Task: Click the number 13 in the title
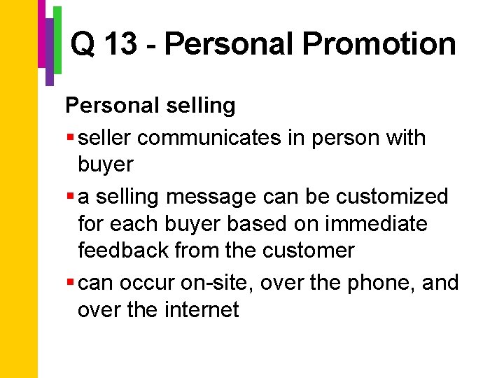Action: pos(123,45)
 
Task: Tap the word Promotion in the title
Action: pos(379,45)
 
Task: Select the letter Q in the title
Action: pos(83,45)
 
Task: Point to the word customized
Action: pos(392,197)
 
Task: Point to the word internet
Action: pos(202,309)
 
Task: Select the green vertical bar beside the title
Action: pos(58,39)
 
